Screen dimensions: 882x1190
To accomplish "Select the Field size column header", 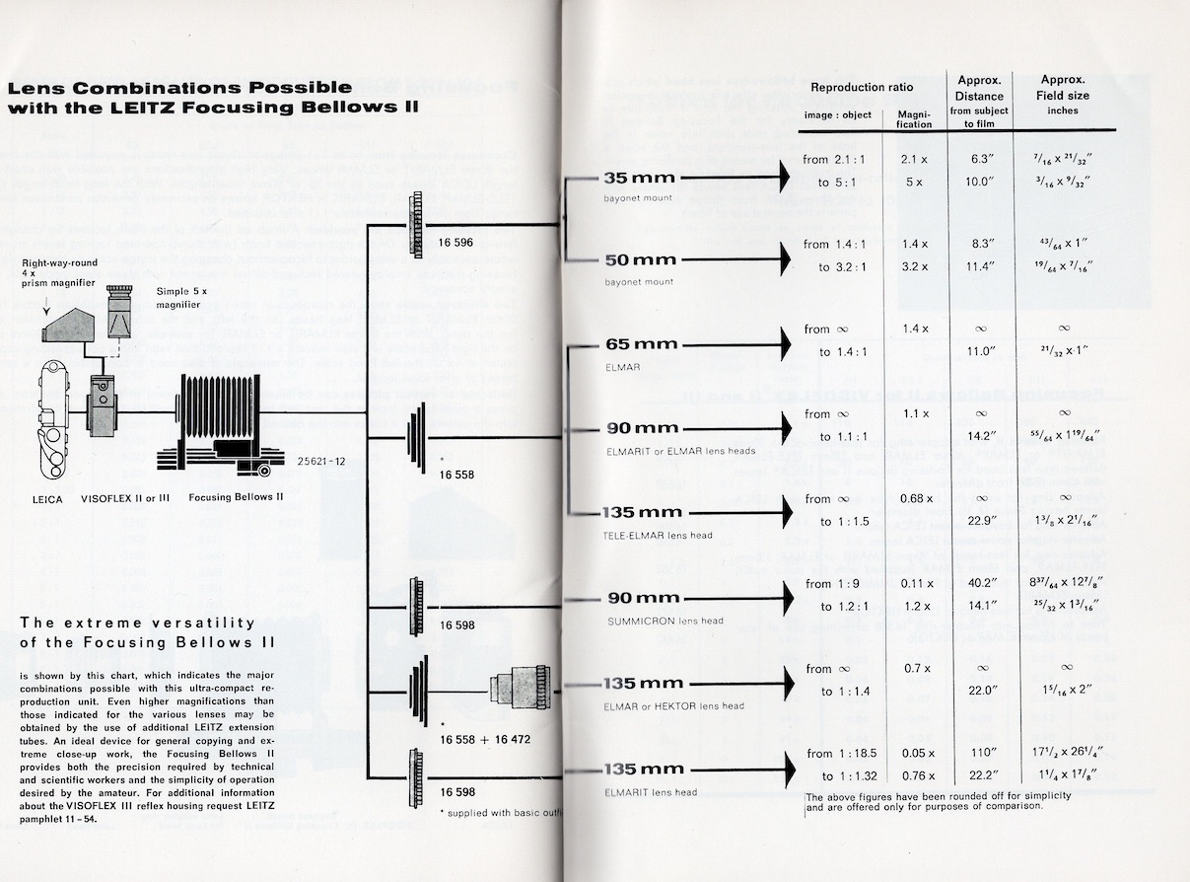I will [x=1063, y=96].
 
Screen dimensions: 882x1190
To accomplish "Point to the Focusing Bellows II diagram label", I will [x=236, y=497].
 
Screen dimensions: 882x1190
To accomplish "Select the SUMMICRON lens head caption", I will [x=665, y=621].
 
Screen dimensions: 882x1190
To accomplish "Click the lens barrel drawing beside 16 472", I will [x=518, y=687].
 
